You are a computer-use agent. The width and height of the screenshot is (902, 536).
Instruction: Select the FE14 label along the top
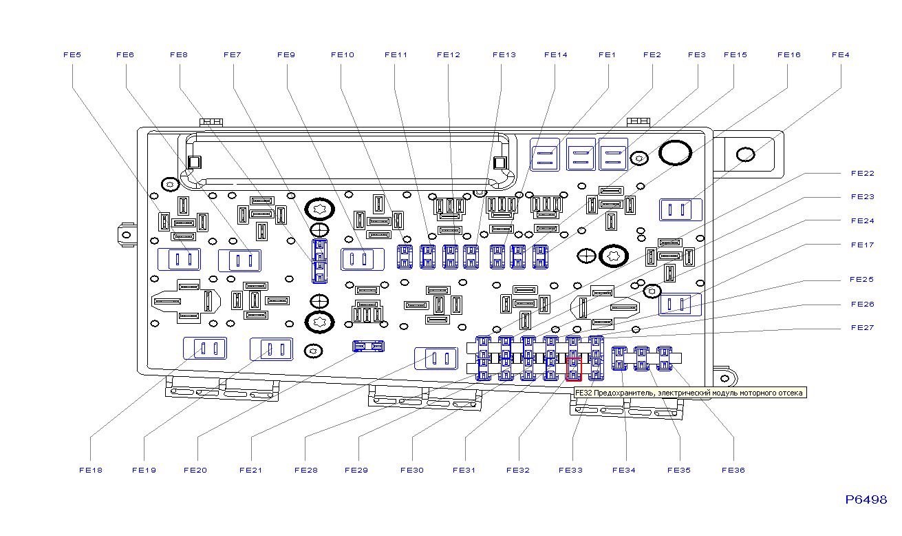(555, 55)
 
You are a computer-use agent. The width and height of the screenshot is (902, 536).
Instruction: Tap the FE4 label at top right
(840, 55)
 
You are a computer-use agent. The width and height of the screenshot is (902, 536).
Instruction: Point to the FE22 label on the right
(862, 174)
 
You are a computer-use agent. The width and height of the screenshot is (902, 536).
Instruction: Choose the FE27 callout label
(862, 328)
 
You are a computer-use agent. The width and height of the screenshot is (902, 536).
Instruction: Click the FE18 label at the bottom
(90, 471)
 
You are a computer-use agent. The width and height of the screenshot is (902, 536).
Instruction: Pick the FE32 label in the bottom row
(517, 471)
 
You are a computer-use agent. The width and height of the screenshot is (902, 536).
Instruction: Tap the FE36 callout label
(733, 471)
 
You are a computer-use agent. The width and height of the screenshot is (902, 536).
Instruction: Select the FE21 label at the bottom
(250, 471)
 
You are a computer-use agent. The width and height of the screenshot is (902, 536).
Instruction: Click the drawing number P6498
(866, 500)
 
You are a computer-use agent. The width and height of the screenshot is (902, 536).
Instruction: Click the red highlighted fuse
(573, 369)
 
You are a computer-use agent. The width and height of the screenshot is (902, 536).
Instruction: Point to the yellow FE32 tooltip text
(689, 393)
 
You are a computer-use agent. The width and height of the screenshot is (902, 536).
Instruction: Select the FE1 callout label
(607, 55)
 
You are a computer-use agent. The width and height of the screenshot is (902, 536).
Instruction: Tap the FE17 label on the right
(862, 245)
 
